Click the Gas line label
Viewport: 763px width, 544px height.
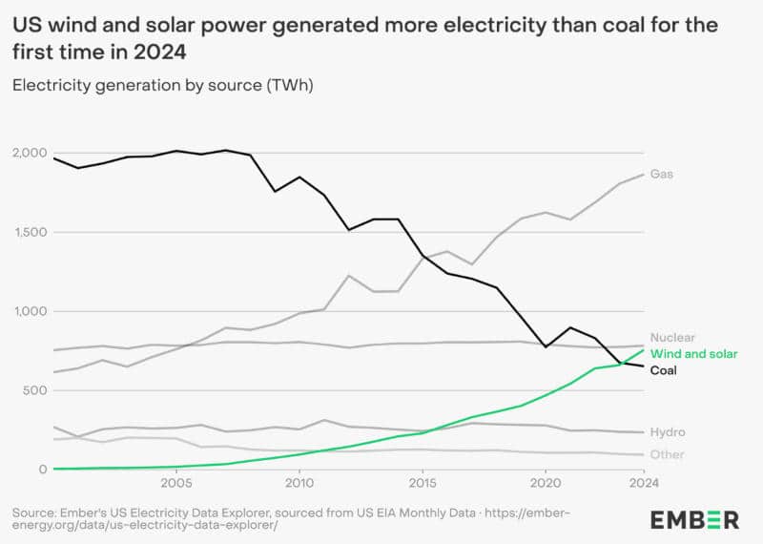point(662,174)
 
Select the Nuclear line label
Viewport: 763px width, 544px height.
point(672,338)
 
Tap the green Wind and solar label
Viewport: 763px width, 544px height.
point(694,354)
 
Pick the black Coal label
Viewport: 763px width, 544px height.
point(664,370)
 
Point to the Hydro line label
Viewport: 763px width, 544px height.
point(668,432)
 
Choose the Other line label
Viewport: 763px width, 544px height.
point(667,454)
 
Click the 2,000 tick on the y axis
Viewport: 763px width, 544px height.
point(30,153)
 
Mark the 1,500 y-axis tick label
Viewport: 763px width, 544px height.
point(31,232)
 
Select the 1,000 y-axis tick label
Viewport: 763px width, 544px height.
point(31,311)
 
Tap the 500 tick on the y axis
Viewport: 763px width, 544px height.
point(35,390)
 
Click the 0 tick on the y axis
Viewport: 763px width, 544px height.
point(43,470)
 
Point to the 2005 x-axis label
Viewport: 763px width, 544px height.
point(176,483)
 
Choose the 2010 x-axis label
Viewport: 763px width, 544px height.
point(299,483)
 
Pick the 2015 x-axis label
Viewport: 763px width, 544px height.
point(423,483)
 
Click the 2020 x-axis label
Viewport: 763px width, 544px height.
point(546,483)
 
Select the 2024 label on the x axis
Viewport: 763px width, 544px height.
point(644,483)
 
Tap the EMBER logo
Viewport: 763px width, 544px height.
point(694,520)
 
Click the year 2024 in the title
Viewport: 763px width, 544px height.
point(160,52)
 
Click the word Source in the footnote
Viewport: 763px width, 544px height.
point(33,513)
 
